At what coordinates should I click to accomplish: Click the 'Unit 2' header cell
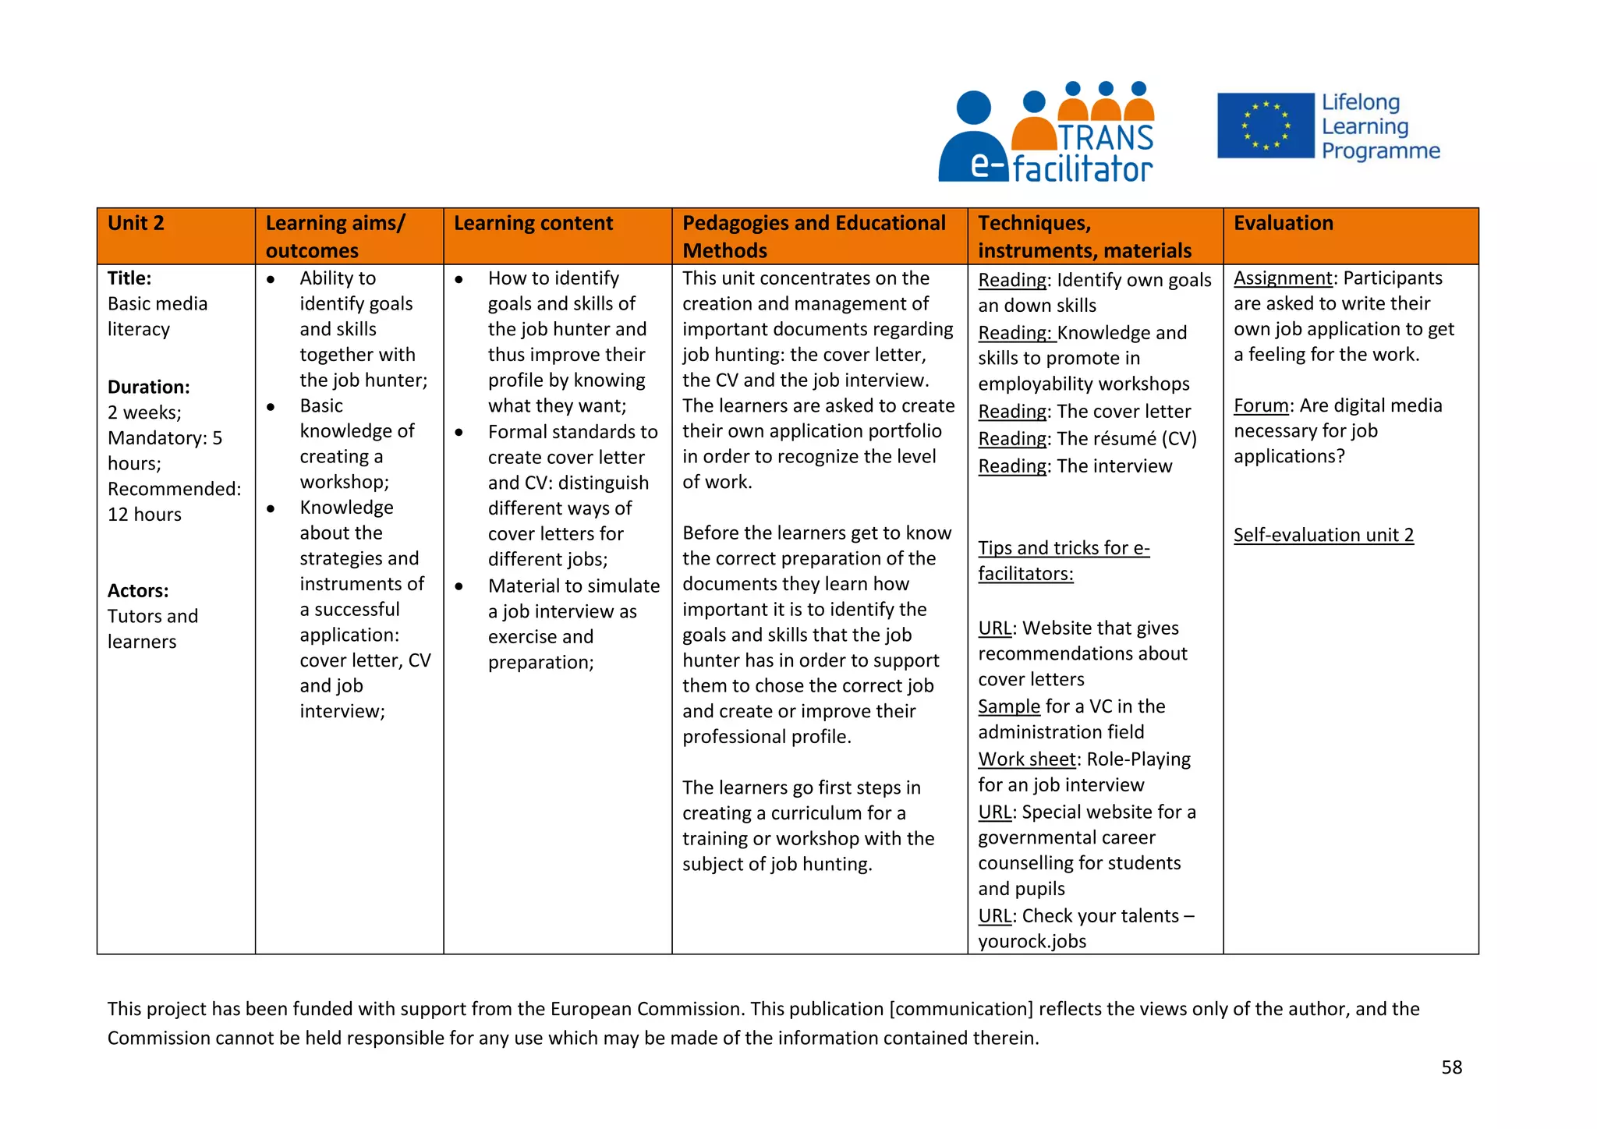(x=136, y=224)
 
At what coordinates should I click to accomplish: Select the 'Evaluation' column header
(x=1283, y=224)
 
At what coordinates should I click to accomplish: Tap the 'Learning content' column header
(x=533, y=224)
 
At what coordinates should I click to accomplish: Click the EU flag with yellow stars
(x=1265, y=126)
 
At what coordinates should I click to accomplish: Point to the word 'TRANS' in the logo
(x=1106, y=138)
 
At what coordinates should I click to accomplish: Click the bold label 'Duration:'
(x=148, y=387)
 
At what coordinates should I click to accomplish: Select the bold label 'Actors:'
(x=138, y=590)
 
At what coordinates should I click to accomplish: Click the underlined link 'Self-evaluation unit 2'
(x=1323, y=535)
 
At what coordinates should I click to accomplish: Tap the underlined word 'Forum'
(x=1261, y=405)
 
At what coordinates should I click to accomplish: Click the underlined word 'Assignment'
(x=1283, y=278)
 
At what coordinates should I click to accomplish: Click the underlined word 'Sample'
(x=1009, y=706)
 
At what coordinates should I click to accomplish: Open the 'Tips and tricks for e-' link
(x=1064, y=548)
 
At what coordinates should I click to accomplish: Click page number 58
(x=1451, y=1067)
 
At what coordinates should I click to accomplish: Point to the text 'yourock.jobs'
(x=1032, y=941)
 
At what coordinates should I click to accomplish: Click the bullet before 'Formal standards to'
(x=459, y=432)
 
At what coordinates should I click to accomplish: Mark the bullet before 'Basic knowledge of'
(x=271, y=406)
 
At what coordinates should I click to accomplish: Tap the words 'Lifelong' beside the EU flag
(x=1361, y=102)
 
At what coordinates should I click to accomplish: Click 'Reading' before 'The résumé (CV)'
(x=1012, y=439)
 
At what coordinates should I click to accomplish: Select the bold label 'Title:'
(x=129, y=278)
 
